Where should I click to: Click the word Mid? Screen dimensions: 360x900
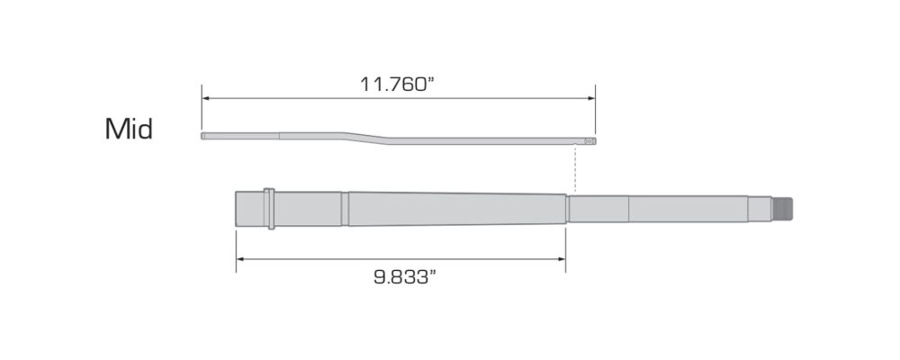pos(129,130)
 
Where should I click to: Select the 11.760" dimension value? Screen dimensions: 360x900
pos(399,84)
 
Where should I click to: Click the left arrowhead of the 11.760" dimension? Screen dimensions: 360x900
pos(205,99)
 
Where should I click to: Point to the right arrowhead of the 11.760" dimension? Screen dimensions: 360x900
pos(591,99)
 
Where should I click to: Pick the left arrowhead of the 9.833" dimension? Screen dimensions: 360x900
pos(240,260)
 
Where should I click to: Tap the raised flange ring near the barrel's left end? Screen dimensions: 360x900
pos(270,209)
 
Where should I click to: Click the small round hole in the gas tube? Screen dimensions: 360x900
pos(588,140)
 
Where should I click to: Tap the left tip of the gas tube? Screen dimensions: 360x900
pos(203,137)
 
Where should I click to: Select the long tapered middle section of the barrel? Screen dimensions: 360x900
pos(454,209)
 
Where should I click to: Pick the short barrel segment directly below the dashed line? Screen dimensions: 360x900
pos(598,209)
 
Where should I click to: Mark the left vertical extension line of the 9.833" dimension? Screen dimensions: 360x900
pos(236,247)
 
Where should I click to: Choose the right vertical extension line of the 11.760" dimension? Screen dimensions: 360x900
pos(595,112)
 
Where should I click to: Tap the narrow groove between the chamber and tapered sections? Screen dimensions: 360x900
pos(344,209)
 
